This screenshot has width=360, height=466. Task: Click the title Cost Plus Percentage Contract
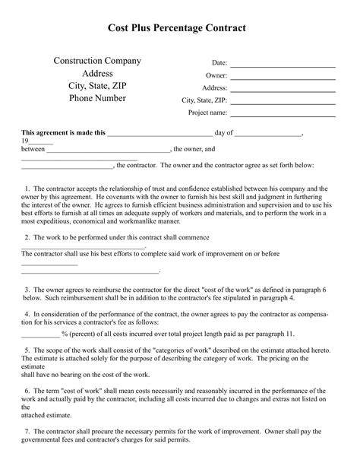[x=180, y=27]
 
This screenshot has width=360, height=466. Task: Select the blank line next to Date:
[x=283, y=64]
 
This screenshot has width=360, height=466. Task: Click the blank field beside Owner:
[x=283, y=76]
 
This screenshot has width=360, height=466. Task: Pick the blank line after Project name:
[x=283, y=113]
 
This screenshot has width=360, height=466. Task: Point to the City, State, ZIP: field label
[x=204, y=100]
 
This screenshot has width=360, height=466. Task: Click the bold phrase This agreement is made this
[x=63, y=132]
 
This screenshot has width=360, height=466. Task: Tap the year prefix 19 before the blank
[x=25, y=141]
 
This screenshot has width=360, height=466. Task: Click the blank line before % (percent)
[x=39, y=334]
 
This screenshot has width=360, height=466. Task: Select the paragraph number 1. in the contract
[x=27, y=188]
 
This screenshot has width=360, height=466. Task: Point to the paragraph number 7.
[x=27, y=430]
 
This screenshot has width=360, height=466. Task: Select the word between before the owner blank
[x=33, y=149]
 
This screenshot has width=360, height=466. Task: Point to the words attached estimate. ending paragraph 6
[x=46, y=415]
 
